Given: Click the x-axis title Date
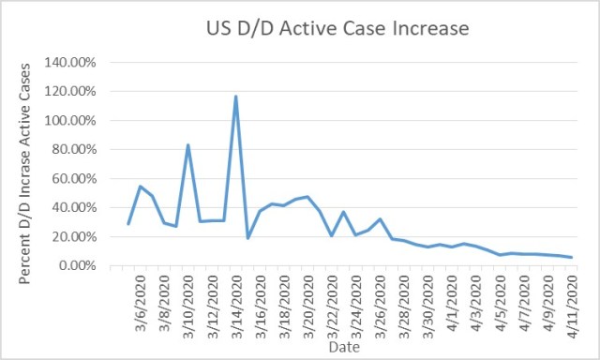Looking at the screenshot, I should [x=343, y=346].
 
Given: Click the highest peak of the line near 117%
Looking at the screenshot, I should [x=235, y=96].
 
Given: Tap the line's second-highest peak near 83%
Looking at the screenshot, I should [x=188, y=144].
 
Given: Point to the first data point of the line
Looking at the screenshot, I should [x=128, y=224].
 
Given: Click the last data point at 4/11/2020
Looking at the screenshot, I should [x=571, y=258].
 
